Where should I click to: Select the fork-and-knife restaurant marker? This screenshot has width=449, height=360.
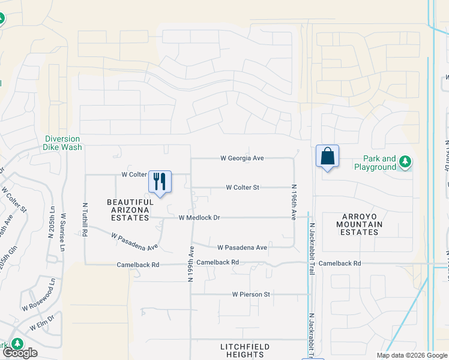point(160,181)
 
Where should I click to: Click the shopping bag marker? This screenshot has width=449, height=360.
point(327,156)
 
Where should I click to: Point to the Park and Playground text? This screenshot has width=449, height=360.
point(379,163)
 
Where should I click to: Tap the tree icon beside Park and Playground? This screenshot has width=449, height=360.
point(406,161)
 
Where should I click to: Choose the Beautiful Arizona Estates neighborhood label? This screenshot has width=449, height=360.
point(130,210)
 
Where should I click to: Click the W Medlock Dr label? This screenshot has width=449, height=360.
point(200,218)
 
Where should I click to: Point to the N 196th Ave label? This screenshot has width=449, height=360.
point(294,200)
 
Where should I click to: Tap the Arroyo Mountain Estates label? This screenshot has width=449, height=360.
point(351,224)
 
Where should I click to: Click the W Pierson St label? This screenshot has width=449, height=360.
point(252,295)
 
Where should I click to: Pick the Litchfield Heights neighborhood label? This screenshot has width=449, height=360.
point(244,350)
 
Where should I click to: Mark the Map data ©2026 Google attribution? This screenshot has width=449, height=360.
point(411,355)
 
